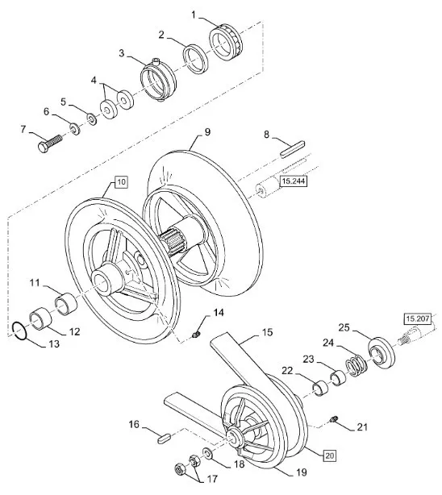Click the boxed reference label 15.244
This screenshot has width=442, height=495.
coord(294,181)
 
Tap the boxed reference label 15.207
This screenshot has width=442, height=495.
coord(417,318)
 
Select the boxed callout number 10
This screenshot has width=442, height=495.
coord(121,182)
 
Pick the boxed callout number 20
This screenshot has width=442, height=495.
coord(330,455)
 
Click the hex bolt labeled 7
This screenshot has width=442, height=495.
coord(51,143)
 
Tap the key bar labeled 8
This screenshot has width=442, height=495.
coord(293,148)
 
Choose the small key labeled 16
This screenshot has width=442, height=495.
coord(165,439)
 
